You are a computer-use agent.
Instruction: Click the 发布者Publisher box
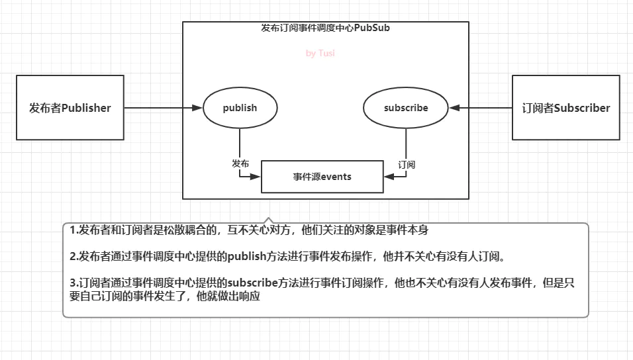click(x=70, y=107)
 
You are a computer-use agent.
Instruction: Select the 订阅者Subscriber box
click(x=565, y=107)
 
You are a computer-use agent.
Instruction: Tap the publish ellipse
click(x=240, y=108)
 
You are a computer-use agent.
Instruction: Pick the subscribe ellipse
click(x=406, y=108)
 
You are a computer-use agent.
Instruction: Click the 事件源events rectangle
click(x=322, y=177)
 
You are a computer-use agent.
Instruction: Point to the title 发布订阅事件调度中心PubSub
click(x=325, y=28)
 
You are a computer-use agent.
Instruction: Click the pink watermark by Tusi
click(x=320, y=54)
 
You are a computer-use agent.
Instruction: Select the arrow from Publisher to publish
click(x=163, y=108)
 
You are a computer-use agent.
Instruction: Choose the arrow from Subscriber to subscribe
click(x=481, y=108)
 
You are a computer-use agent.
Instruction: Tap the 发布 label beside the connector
click(x=240, y=163)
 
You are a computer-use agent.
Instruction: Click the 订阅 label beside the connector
click(x=407, y=165)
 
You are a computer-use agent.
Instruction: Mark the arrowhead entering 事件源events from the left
click(x=256, y=177)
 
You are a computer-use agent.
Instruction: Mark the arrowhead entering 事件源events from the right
click(x=389, y=177)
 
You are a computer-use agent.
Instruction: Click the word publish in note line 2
click(x=247, y=256)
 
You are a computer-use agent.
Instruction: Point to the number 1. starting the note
click(x=74, y=230)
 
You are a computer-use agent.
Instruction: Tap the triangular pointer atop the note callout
click(x=268, y=220)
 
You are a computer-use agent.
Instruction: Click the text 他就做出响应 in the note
click(x=228, y=296)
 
